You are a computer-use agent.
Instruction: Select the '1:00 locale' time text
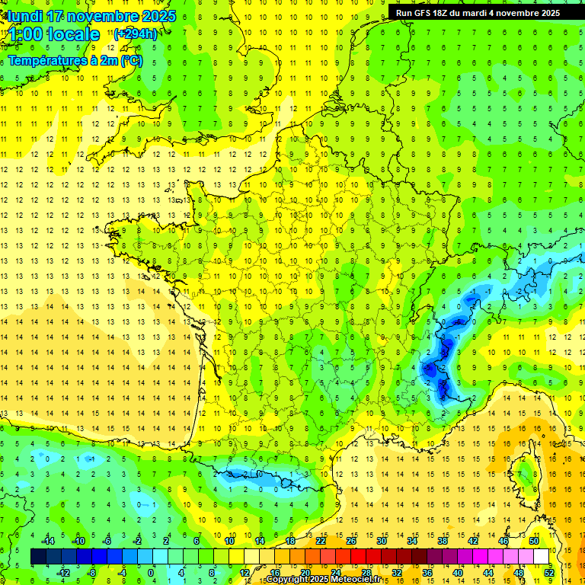click(54, 34)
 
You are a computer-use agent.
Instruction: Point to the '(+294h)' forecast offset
click(136, 34)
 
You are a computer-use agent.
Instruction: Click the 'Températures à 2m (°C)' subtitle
click(75, 60)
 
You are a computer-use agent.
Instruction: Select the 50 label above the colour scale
click(533, 541)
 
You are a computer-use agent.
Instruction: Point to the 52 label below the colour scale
click(548, 572)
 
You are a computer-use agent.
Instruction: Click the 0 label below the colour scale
click(151, 572)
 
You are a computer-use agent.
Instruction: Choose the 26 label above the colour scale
click(350, 541)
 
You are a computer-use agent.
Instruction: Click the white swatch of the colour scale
click(541, 557)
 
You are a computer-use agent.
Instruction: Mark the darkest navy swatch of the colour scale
click(38, 557)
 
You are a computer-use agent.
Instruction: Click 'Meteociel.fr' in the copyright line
click(355, 580)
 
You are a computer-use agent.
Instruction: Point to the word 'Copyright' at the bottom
click(289, 580)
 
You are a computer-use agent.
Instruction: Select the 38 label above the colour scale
click(442, 541)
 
